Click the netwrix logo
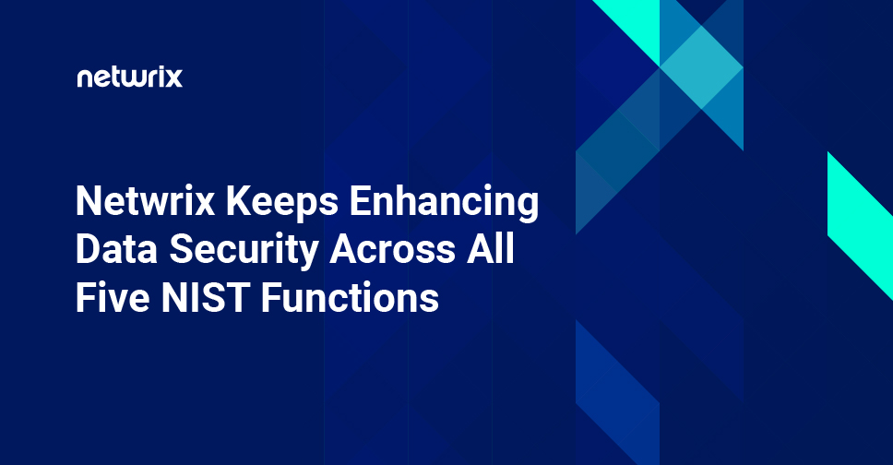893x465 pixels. click(129, 77)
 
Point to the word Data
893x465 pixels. click(113, 250)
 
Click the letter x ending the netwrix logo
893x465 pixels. click(174, 78)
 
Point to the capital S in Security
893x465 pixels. click(178, 250)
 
